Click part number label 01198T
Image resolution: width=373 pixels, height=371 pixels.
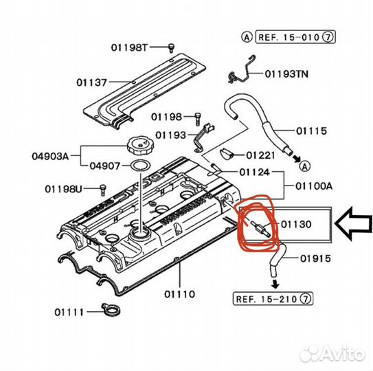point(129,47)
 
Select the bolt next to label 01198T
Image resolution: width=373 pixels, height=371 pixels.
point(171,48)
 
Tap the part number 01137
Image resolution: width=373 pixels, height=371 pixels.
point(92,82)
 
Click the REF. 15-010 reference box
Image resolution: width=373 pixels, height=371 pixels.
point(295,37)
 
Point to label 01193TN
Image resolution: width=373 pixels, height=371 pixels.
point(286,74)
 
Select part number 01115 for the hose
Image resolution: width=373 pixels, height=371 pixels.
point(311,131)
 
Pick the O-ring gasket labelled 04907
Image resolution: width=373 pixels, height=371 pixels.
point(141,166)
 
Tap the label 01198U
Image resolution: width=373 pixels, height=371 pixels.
point(63,189)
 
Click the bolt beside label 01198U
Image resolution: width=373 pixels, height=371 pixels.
point(102,190)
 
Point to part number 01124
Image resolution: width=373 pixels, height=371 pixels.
point(255,172)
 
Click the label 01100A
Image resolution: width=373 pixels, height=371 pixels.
point(314,186)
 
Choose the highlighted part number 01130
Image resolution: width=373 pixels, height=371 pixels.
point(296,224)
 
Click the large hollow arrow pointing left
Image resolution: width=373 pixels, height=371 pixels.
point(353,224)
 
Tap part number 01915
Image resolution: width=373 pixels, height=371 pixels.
point(315,258)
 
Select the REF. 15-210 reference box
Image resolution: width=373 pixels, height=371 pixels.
point(273,298)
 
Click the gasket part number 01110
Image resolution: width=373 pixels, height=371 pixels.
point(179,294)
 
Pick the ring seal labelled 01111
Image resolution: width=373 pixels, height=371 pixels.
point(111,310)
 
